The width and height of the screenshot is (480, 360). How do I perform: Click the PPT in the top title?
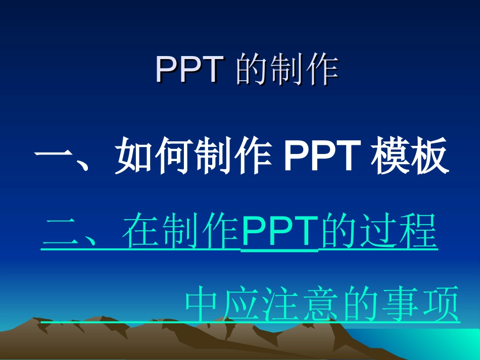point(189,70)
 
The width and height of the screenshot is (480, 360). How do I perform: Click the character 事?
point(399,304)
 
